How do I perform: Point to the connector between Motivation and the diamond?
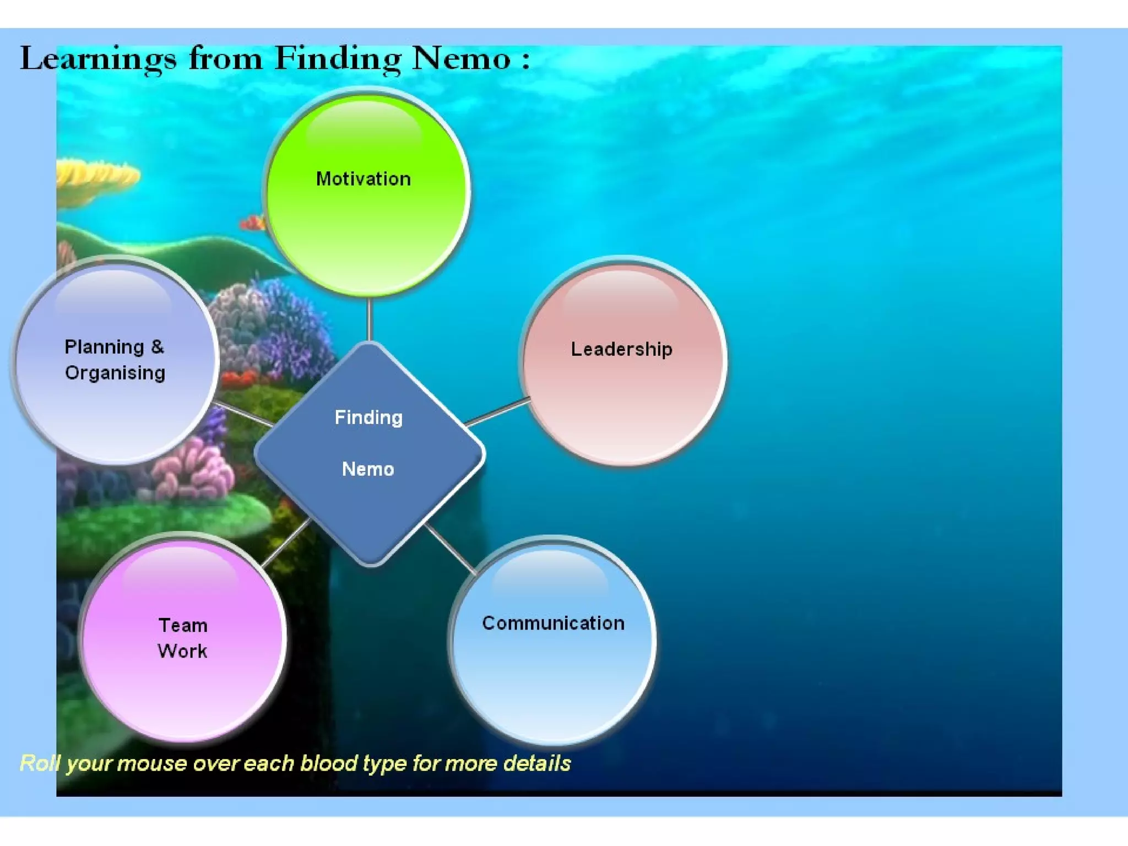[x=370, y=319]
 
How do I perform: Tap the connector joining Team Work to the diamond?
[x=285, y=542]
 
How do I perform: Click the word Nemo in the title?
[x=462, y=58]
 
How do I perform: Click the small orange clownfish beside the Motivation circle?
[x=252, y=223]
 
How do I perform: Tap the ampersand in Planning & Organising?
[x=158, y=347]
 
